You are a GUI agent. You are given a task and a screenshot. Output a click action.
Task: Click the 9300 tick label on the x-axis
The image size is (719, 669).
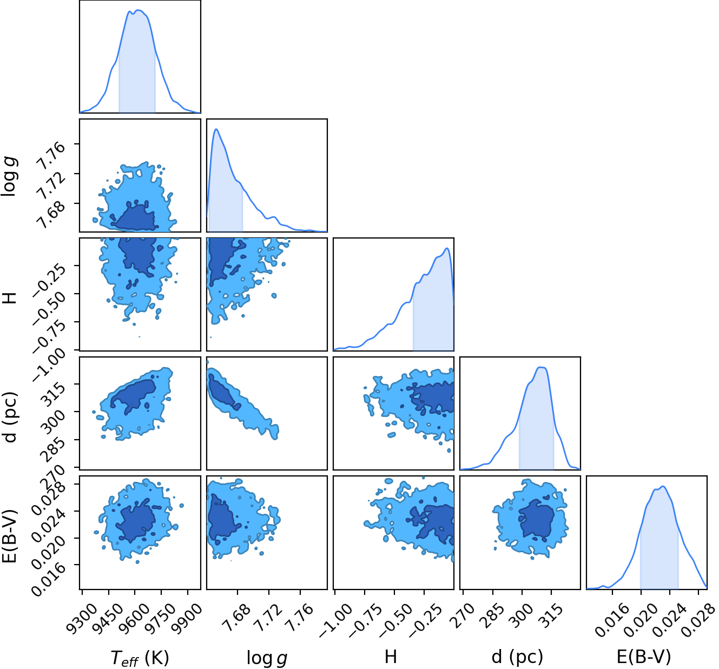point(82,616)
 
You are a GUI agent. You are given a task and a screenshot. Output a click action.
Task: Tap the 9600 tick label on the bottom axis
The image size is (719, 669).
point(135,616)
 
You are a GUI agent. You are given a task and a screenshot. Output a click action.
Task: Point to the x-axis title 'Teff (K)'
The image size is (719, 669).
point(140,657)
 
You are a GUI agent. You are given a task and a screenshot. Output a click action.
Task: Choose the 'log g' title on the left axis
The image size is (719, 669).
point(10,176)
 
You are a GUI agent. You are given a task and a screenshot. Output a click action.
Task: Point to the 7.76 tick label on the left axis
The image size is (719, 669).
point(52,156)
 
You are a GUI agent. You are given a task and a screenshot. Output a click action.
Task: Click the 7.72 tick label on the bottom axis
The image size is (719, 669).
point(269,616)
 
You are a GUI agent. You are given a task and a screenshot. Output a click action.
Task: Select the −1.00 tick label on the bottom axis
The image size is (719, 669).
point(336,620)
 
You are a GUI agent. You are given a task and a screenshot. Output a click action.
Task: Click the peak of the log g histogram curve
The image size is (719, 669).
point(216,129)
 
